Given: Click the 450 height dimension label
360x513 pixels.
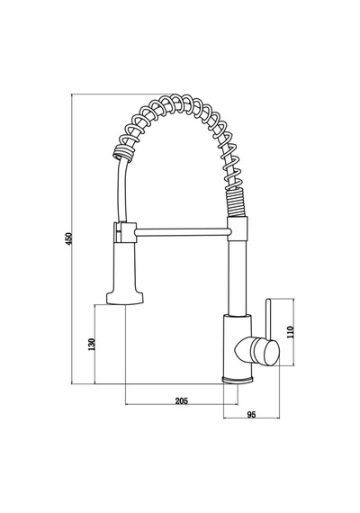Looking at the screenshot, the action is tap(68, 239).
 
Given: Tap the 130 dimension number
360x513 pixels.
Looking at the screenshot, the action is tap(92, 344).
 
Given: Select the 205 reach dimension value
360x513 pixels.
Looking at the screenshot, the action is tap(182, 400).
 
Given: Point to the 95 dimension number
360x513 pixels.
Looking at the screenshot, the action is tap(251, 415).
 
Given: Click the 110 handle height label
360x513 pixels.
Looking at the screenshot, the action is tap(291, 332).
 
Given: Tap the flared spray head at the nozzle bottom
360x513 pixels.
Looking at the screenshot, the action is tap(125, 298).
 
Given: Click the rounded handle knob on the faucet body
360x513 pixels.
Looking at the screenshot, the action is tap(265, 352).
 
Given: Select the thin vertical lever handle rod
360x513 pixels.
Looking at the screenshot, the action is tap(268, 319).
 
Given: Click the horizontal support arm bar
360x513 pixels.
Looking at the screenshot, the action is tap(182, 232).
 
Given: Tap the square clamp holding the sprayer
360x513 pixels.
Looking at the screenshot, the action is tap(125, 232).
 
